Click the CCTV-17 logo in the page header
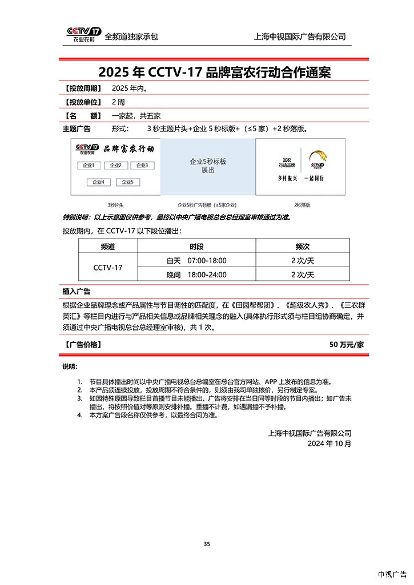click(83, 34)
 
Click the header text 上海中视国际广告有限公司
click(300, 37)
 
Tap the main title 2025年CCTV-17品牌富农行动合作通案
click(214, 72)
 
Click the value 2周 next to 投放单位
click(118, 102)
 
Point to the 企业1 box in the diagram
click(89, 166)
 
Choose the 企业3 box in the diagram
click(142, 166)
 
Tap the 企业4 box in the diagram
click(99, 182)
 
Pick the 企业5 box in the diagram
click(128, 182)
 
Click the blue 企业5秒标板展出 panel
click(208, 166)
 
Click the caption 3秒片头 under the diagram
click(115, 204)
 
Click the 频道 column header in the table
click(107, 247)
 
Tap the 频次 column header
click(302, 247)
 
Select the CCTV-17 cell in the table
click(107, 268)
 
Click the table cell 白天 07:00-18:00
click(196, 261)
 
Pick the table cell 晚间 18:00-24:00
click(196, 275)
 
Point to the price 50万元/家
click(347, 345)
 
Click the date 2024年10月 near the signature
click(329, 443)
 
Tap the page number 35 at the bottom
click(207, 544)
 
